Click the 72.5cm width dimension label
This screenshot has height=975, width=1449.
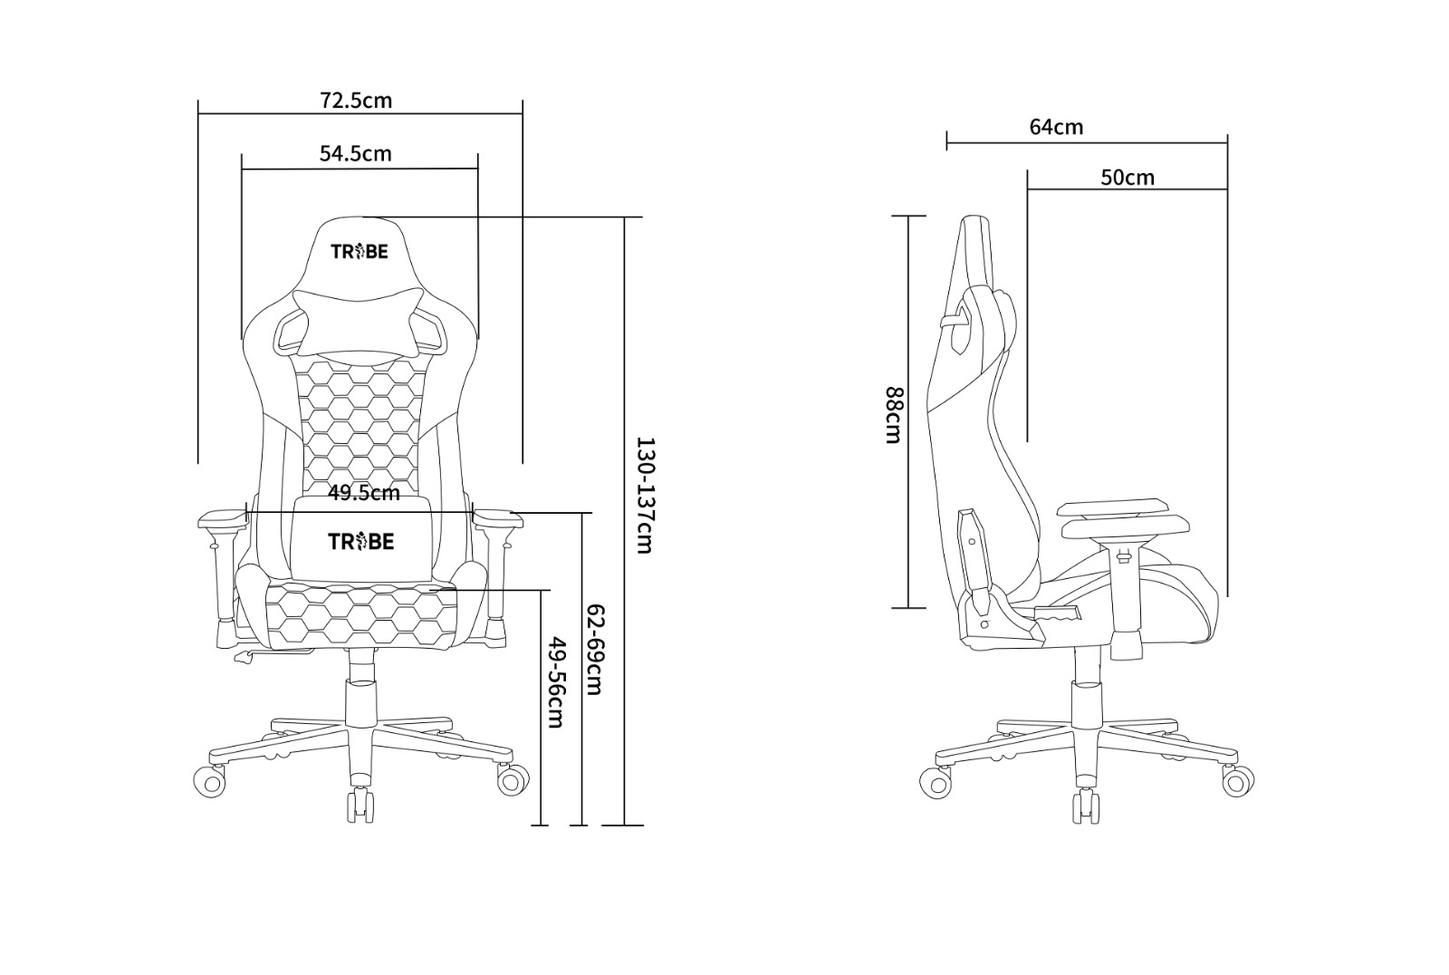356,101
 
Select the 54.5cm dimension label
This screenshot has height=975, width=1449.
356,153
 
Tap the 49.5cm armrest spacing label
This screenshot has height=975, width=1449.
363,493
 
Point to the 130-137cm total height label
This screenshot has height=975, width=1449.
646,496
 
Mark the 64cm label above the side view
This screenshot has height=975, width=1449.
1056,127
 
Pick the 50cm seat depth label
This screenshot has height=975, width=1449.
1128,178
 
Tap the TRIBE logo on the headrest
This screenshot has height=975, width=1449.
360,251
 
